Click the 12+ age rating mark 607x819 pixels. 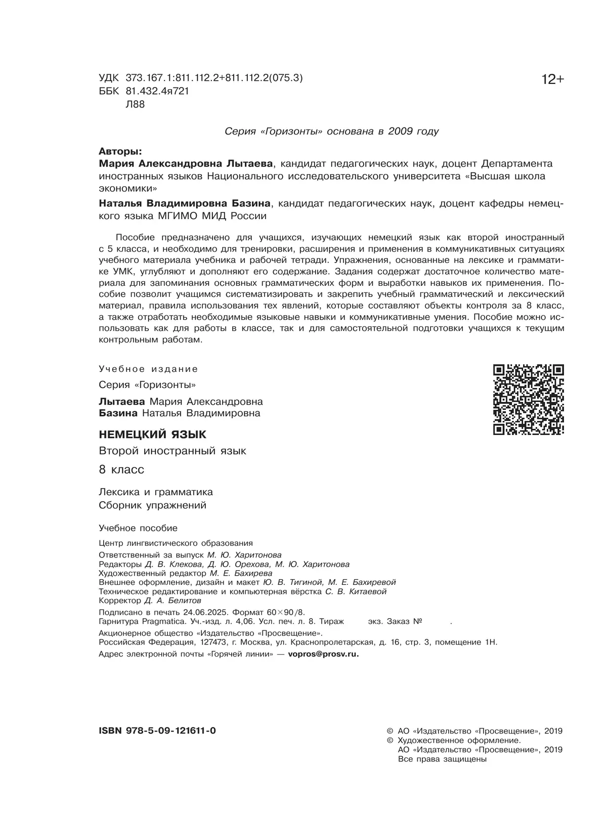coord(552,80)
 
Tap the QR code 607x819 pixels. coord(528,399)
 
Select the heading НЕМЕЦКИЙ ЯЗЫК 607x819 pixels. coord(152,434)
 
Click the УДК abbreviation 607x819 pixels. coord(109,78)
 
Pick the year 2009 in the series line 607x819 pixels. coord(402,132)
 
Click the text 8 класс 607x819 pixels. coord(121,469)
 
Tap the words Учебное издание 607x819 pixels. coord(148,369)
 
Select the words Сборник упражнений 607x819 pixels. coord(152,505)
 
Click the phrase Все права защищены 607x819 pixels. coord(442,759)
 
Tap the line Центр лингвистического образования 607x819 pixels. coord(176,543)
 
